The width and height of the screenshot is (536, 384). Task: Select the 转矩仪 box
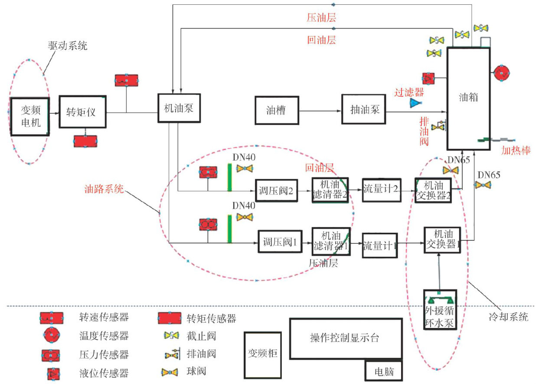coord(82,112)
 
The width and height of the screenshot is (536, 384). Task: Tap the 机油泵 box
coord(179,108)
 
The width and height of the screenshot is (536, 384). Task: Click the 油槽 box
coord(276,110)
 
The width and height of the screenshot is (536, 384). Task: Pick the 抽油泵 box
coord(364,110)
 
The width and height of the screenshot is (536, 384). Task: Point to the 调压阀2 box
coord(276,190)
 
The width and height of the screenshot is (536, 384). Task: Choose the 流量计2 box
coord(381,189)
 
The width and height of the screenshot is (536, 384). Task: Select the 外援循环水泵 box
coord(440,310)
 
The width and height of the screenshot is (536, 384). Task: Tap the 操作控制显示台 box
coord(345,338)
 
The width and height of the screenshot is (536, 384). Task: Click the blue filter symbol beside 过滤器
coord(416,103)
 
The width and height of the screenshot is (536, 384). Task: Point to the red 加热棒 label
coord(516,150)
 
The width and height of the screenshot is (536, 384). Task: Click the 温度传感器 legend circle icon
coord(51,335)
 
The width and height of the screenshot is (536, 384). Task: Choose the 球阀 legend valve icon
coord(172,372)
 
